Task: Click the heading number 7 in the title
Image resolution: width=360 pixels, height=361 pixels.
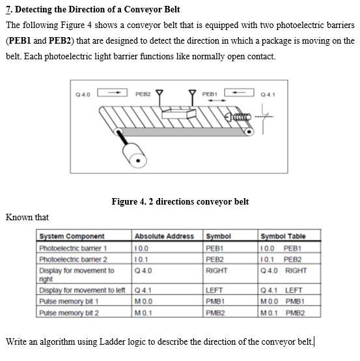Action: click(8, 10)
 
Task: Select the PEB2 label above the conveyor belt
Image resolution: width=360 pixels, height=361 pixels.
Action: click(143, 94)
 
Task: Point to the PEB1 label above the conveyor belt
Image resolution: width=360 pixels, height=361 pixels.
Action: click(210, 94)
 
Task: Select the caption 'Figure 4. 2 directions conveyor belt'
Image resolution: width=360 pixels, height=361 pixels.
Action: click(180, 201)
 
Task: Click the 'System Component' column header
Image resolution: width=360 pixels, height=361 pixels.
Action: click(72, 236)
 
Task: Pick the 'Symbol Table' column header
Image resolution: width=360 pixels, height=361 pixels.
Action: click(283, 236)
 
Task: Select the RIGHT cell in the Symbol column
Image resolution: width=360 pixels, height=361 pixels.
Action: click(216, 270)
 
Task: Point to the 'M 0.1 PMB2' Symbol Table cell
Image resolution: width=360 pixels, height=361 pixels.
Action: click(281, 312)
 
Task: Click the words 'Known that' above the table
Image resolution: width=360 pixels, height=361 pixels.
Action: click(27, 217)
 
